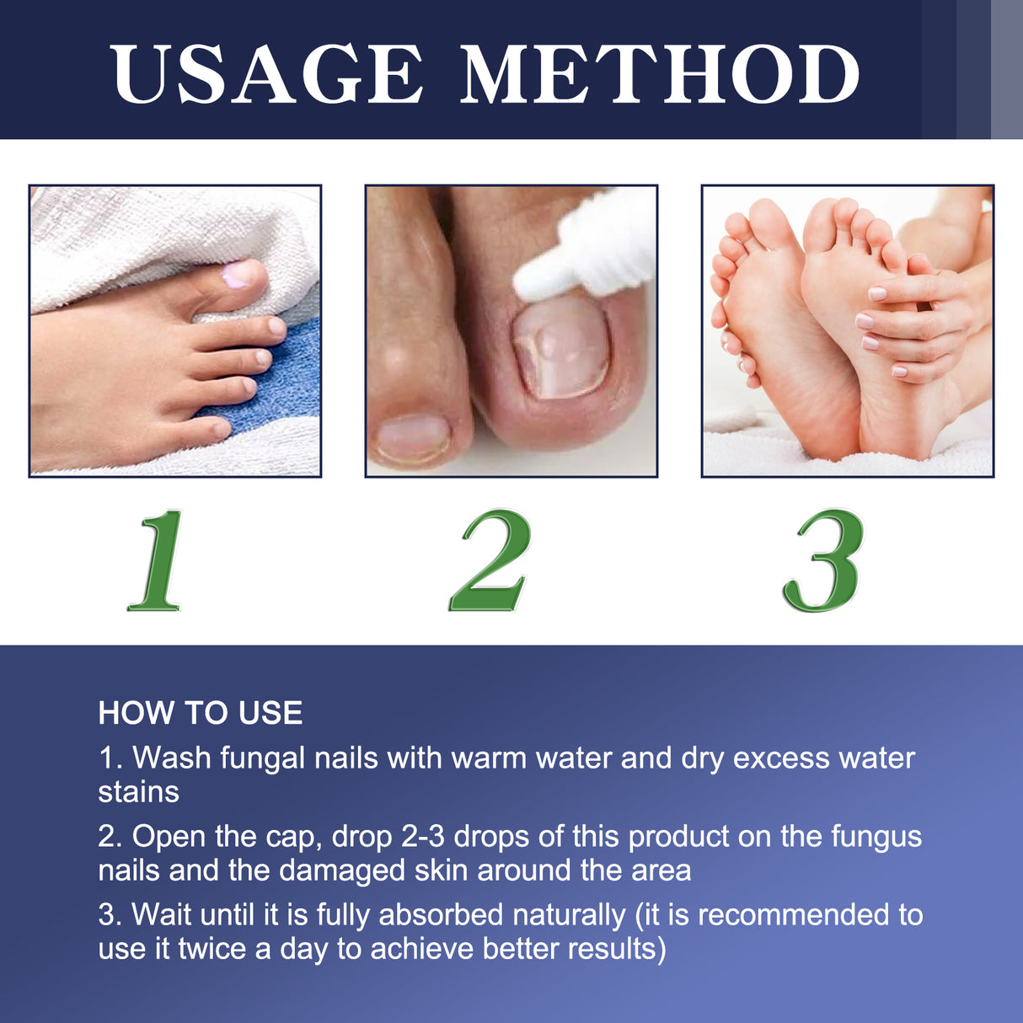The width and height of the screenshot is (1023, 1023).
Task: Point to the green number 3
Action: pyautogui.click(x=823, y=560)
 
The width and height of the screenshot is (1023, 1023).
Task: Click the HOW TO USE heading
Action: pyautogui.click(x=200, y=713)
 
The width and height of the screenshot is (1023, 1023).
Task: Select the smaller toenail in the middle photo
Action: pyautogui.click(x=413, y=438)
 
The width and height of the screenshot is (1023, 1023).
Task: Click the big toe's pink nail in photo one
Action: pyautogui.click(x=238, y=274)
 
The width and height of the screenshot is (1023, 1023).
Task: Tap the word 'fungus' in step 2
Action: pyautogui.click(x=876, y=837)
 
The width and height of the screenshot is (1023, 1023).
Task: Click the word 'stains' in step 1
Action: pyautogui.click(x=138, y=792)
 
